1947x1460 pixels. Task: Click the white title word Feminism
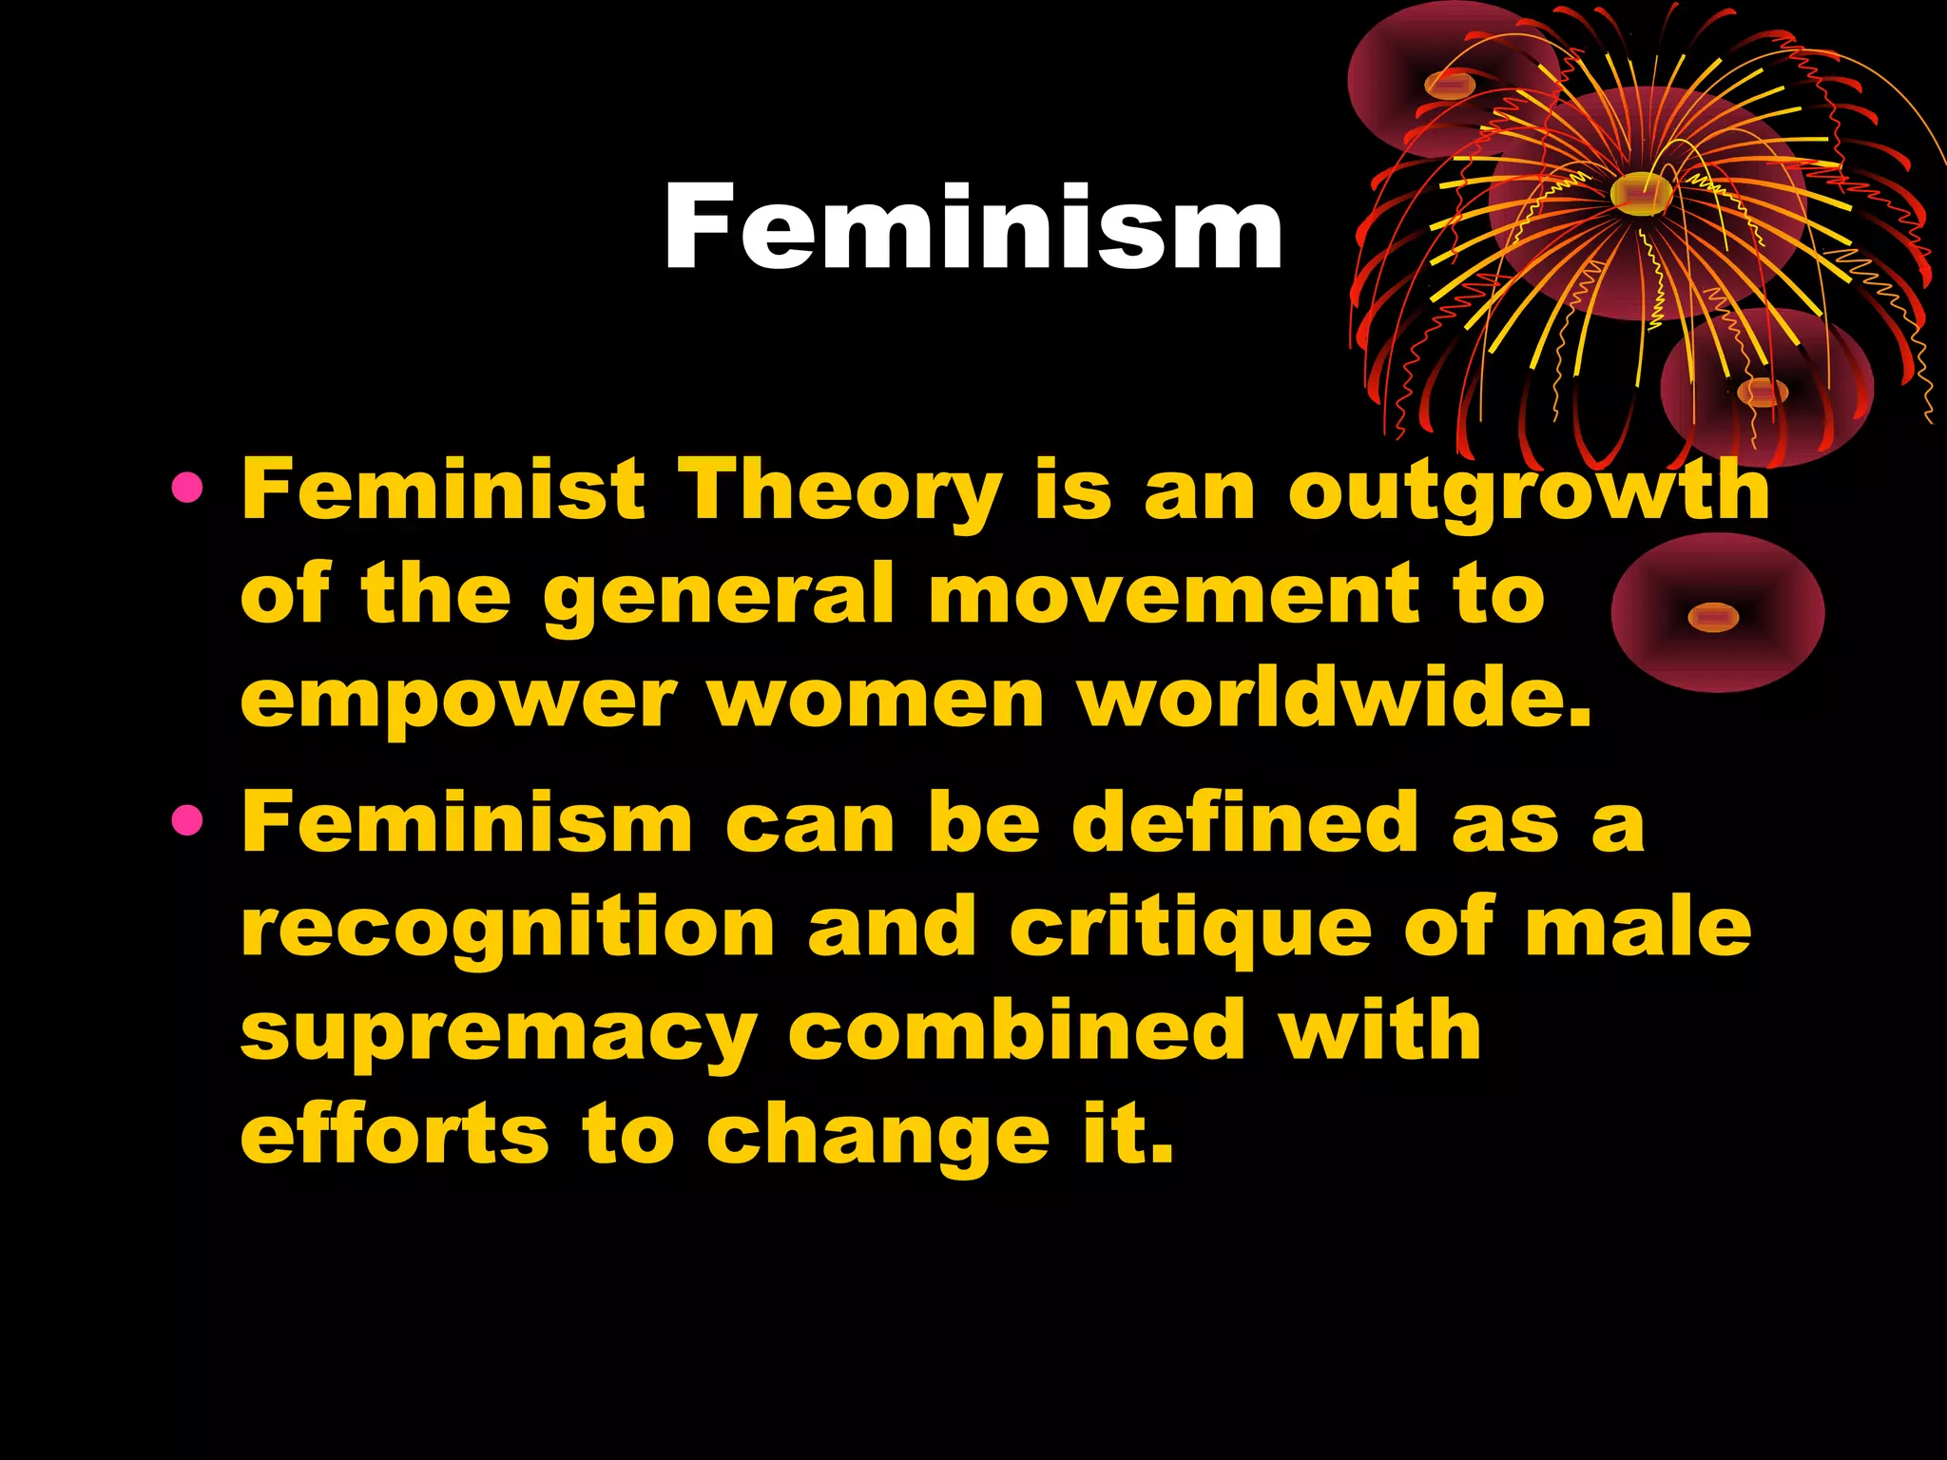[x=973, y=228]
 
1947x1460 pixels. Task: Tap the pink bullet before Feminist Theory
[x=187, y=489]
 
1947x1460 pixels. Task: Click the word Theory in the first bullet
[x=844, y=492]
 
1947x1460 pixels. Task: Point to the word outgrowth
[x=1529, y=492]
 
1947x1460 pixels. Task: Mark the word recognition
[x=509, y=929]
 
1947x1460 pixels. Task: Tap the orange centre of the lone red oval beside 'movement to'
[x=1713, y=618]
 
